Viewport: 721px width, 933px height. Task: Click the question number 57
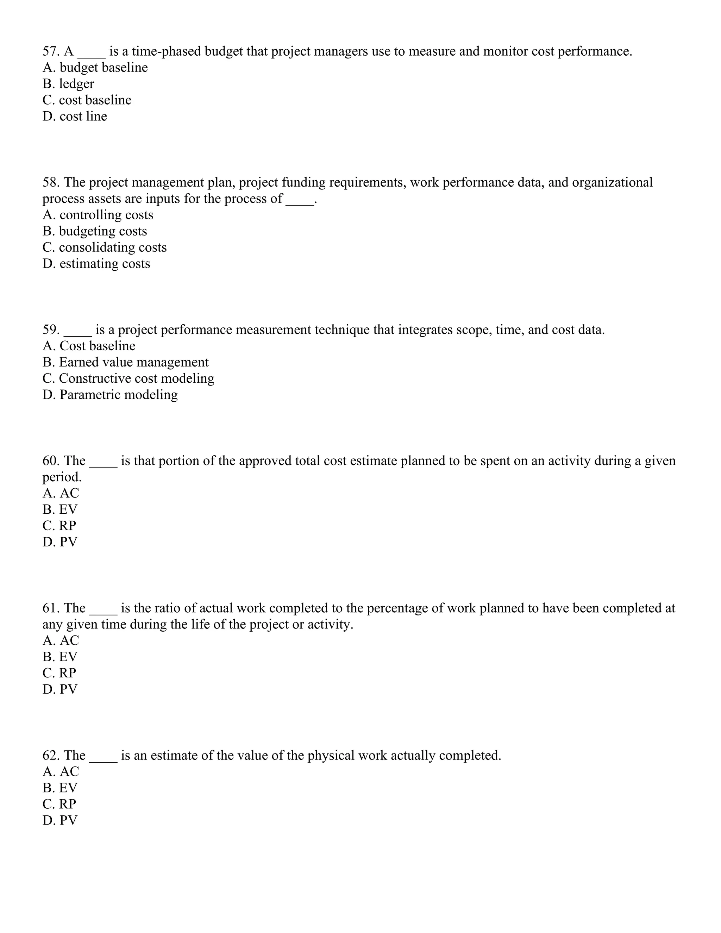(51, 51)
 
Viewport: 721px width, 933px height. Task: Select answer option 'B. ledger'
(68, 84)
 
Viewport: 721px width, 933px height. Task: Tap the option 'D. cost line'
(75, 116)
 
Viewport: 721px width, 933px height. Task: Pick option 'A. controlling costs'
(98, 215)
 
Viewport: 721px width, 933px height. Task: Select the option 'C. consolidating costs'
(105, 248)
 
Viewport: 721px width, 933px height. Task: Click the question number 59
(51, 330)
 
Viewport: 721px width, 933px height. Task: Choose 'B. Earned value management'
(126, 362)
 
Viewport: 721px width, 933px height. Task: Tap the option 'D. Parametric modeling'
(110, 395)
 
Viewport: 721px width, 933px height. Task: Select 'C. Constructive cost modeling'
(128, 378)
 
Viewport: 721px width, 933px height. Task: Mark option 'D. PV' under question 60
(60, 542)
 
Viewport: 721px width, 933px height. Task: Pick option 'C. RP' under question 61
(59, 673)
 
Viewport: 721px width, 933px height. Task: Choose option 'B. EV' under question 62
(60, 788)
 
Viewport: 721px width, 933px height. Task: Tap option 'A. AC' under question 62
(61, 771)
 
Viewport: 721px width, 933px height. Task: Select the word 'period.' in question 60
(62, 477)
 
